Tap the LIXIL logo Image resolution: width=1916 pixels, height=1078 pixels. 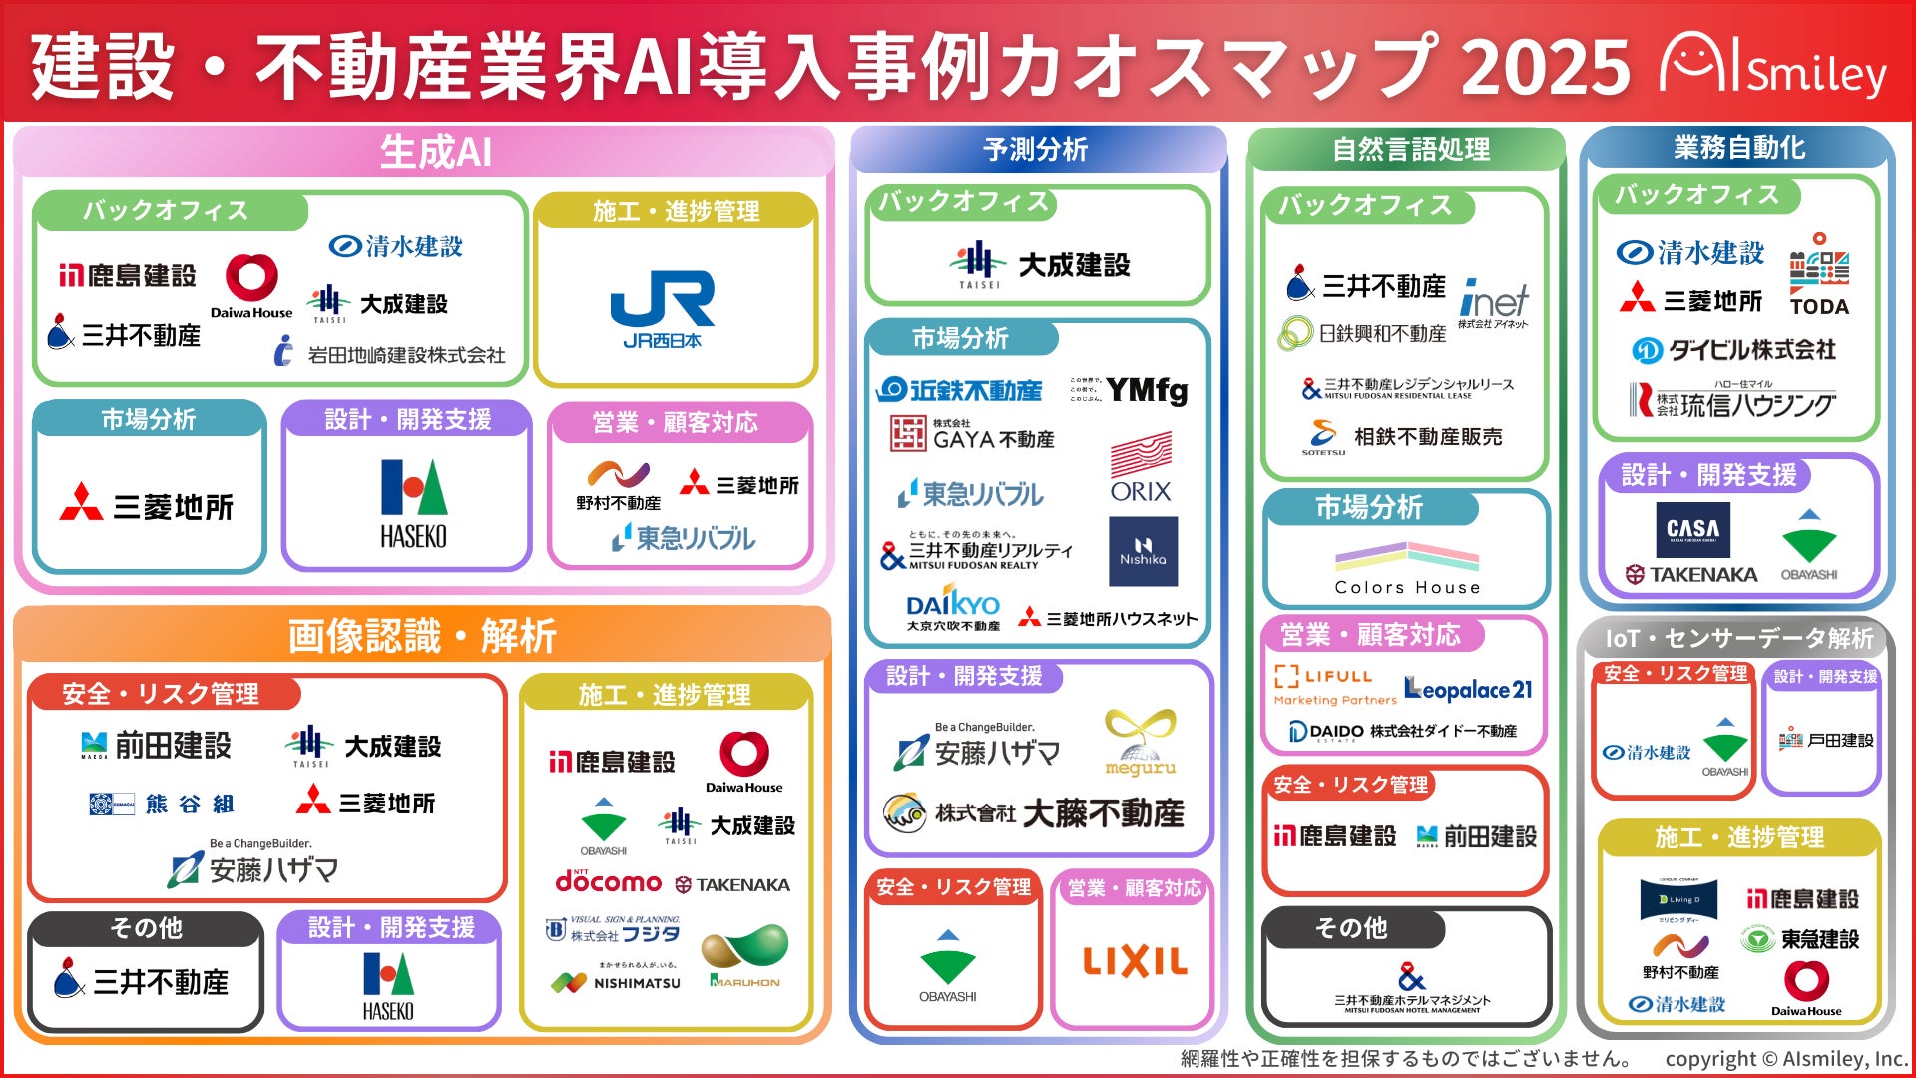tap(1135, 961)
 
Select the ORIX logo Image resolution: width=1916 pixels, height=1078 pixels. tap(1141, 468)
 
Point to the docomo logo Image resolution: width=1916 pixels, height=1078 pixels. tap(608, 881)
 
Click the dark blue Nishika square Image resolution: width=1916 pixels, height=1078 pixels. tap(1143, 551)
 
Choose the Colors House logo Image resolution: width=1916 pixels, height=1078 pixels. tap(1407, 567)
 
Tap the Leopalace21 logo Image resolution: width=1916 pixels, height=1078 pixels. tap(1468, 689)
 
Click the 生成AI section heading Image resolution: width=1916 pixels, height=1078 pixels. tap(435, 152)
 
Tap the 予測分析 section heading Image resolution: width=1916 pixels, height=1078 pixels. tap(1035, 149)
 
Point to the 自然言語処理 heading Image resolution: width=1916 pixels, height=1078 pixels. tap(1410, 150)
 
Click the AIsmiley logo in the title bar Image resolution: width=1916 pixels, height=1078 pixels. tap(1773, 67)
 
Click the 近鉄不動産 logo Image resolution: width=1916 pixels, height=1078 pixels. tap(959, 390)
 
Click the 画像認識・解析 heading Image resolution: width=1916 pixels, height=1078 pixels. tap(422, 635)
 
